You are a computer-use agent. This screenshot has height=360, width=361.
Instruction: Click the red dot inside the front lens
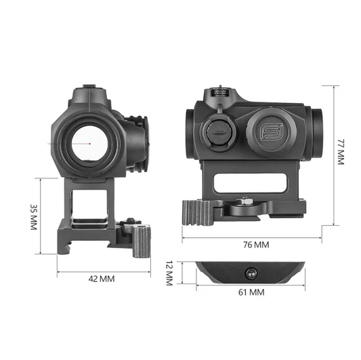pyautogui.click(x=89, y=142)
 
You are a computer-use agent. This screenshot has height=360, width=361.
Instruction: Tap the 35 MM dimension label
pyautogui.click(x=32, y=217)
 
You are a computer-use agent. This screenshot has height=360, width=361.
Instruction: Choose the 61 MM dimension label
pyautogui.click(x=250, y=292)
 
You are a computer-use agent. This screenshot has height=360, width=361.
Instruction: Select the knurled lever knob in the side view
pyautogui.click(x=196, y=213)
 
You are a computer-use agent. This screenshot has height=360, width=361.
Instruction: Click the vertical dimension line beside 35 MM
pyautogui.click(x=42, y=217)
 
